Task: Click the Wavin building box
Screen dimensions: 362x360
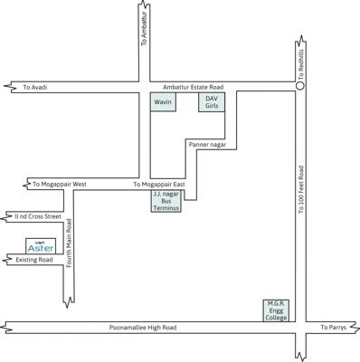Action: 163,102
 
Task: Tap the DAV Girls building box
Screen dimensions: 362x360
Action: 212,102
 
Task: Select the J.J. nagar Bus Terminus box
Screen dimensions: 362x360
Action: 166,201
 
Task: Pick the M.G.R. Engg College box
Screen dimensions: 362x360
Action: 276,310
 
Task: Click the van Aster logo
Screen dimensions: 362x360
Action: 41,246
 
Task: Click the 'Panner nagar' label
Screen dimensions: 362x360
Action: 206,143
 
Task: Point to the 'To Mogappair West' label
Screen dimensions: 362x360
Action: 59,184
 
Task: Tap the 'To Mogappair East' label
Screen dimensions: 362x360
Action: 159,184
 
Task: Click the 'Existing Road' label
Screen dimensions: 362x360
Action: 34,260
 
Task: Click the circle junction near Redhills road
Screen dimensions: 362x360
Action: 300,87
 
